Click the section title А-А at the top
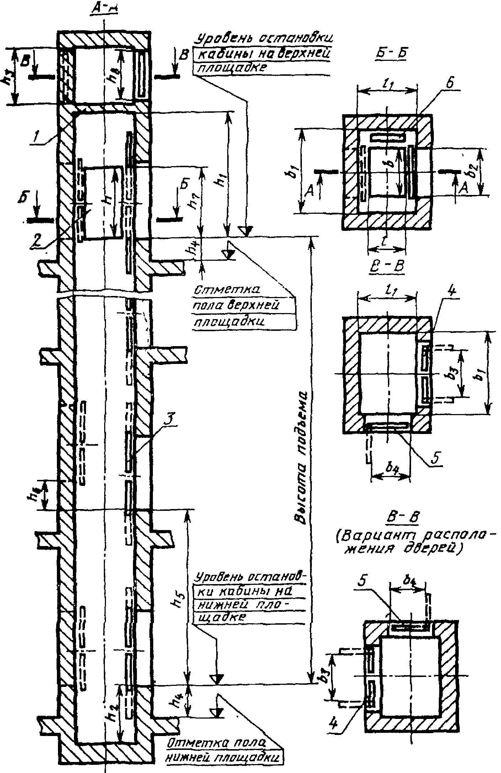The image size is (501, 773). point(104,10)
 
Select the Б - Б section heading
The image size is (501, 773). point(391,52)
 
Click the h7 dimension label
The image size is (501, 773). point(192,203)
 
